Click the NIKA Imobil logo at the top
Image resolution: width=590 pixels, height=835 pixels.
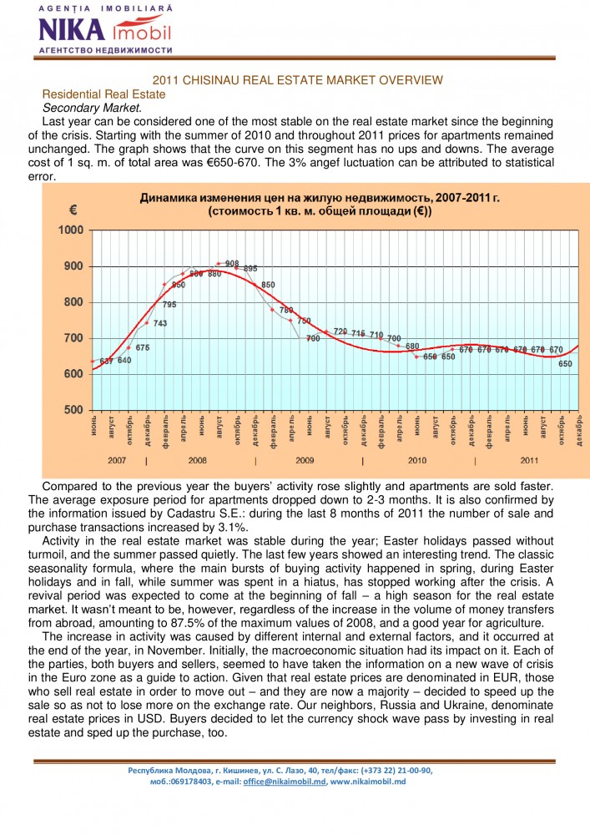click(104, 30)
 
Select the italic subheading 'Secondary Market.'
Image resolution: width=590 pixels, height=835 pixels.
click(92, 108)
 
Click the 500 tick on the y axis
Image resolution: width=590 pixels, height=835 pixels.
click(73, 410)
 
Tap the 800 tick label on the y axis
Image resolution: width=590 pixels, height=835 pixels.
click(73, 302)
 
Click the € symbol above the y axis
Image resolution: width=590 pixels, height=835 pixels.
click(73, 210)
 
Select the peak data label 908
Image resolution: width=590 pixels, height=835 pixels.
click(232, 264)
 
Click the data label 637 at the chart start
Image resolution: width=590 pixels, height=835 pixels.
click(107, 361)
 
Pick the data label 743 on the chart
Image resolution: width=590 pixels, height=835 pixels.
click(159, 323)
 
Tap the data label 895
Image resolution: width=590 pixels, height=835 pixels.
click(250, 269)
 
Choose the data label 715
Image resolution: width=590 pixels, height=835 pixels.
click(358, 333)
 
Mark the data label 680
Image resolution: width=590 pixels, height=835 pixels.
click(412, 346)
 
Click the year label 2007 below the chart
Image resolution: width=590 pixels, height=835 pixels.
click(118, 460)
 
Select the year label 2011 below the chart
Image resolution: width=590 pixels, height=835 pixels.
click(529, 460)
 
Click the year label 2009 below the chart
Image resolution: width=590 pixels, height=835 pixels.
click(305, 460)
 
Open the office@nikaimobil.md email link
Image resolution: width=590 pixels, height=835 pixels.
click(285, 781)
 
